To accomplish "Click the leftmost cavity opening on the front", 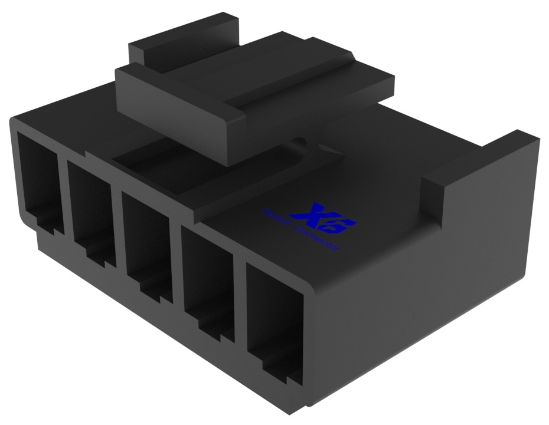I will (37, 177).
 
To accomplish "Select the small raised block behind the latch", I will (183, 38).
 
